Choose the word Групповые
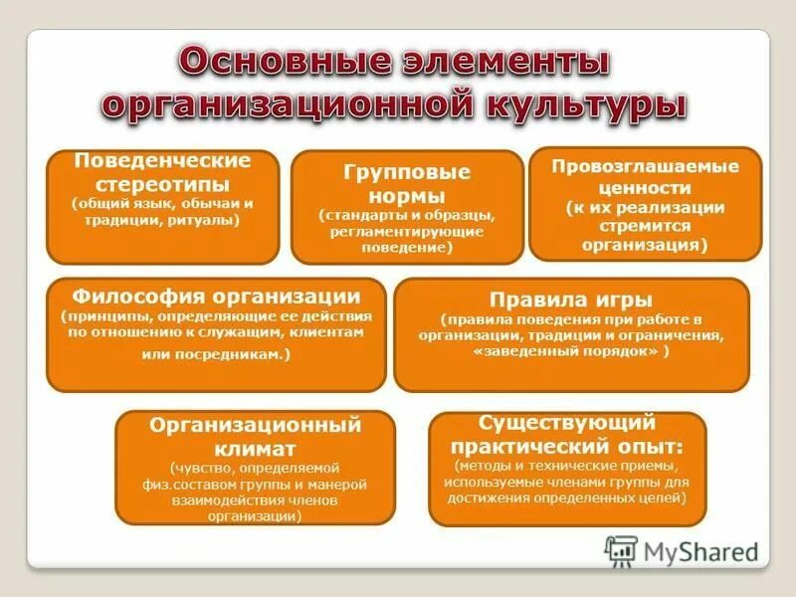tap(406, 172)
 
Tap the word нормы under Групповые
tap(406, 194)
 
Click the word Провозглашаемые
tap(645, 167)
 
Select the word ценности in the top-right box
tap(645, 187)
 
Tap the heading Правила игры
tap(571, 300)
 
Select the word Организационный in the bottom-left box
tap(255, 426)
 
